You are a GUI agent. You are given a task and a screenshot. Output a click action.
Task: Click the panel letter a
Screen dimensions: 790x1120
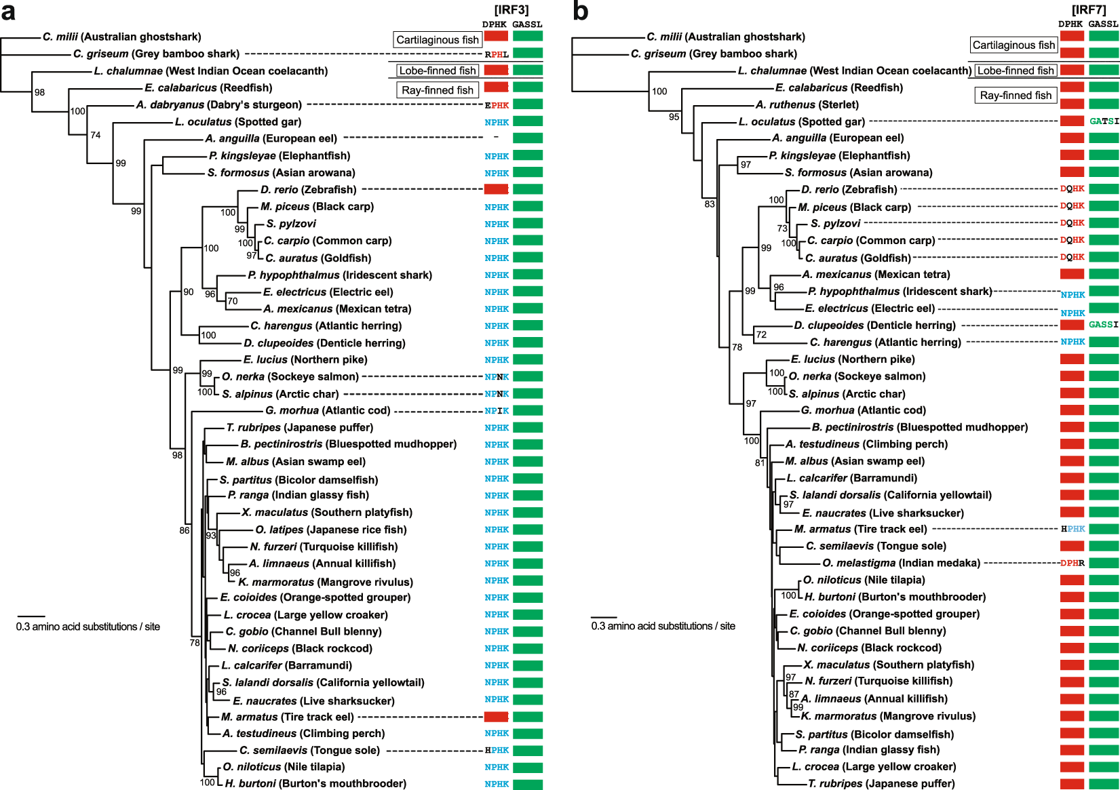tap(8, 11)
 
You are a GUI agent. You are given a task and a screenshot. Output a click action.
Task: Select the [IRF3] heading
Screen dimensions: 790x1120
tap(511, 9)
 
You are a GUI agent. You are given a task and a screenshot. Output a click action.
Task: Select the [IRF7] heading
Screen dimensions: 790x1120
tap(1089, 9)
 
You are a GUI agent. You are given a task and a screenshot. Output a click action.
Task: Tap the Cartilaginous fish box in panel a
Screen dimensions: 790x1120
tap(438, 39)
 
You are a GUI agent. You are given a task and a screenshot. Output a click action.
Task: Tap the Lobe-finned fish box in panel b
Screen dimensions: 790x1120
tap(1016, 71)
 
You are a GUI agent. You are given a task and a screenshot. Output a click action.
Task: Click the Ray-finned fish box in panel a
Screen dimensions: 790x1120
tap(438, 90)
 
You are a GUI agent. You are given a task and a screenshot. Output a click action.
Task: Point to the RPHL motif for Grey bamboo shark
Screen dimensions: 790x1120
tap(497, 54)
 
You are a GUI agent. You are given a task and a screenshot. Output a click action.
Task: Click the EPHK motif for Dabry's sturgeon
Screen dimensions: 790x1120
tap(497, 105)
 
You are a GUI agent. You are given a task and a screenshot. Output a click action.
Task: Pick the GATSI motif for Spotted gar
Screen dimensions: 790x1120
tap(1104, 121)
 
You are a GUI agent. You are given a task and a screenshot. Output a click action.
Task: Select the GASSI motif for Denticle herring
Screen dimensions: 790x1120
tap(1103, 325)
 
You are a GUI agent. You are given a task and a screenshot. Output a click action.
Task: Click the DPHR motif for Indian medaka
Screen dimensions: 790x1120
tap(1073, 563)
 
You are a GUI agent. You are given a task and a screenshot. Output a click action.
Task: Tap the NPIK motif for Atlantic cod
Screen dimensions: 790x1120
tap(497, 411)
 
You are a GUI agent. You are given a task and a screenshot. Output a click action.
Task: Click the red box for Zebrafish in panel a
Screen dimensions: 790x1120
tap(496, 189)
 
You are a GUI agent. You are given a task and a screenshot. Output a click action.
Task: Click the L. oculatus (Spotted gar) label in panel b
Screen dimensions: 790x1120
tap(801, 121)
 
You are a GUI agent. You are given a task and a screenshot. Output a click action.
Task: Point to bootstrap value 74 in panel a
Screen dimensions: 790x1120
tap(96, 135)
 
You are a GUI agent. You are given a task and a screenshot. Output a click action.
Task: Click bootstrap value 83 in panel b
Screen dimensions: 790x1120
tap(710, 203)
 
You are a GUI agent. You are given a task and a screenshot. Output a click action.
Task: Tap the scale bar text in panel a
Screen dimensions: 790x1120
tap(88, 627)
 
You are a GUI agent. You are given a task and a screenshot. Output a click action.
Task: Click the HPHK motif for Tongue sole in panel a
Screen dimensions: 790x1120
tap(497, 750)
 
